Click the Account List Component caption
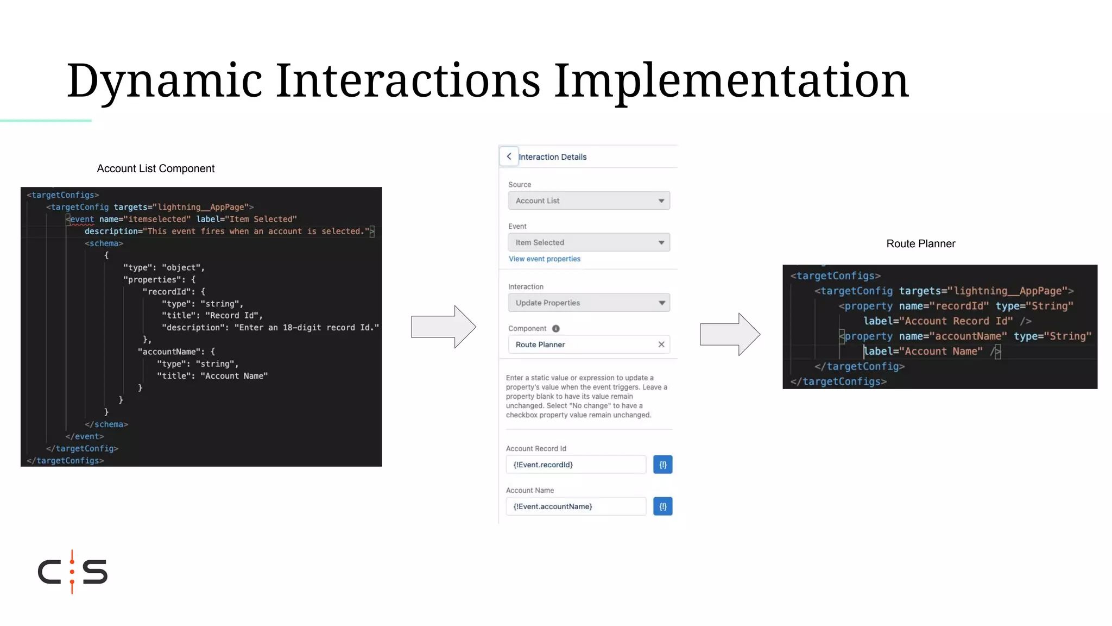[156, 168]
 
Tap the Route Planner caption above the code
[920, 243]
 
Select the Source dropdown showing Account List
[589, 201]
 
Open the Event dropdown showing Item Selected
[589, 242]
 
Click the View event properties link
[544, 259]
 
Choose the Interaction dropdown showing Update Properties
[589, 303]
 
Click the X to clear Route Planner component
[661, 345]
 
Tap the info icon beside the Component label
[555, 328]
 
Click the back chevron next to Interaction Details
[509, 156]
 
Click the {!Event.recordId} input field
[576, 465]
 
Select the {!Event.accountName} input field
[576, 506]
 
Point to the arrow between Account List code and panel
[443, 327]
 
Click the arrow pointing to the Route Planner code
[729, 334]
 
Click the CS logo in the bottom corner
[73, 572]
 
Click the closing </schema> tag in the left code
[106, 424]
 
